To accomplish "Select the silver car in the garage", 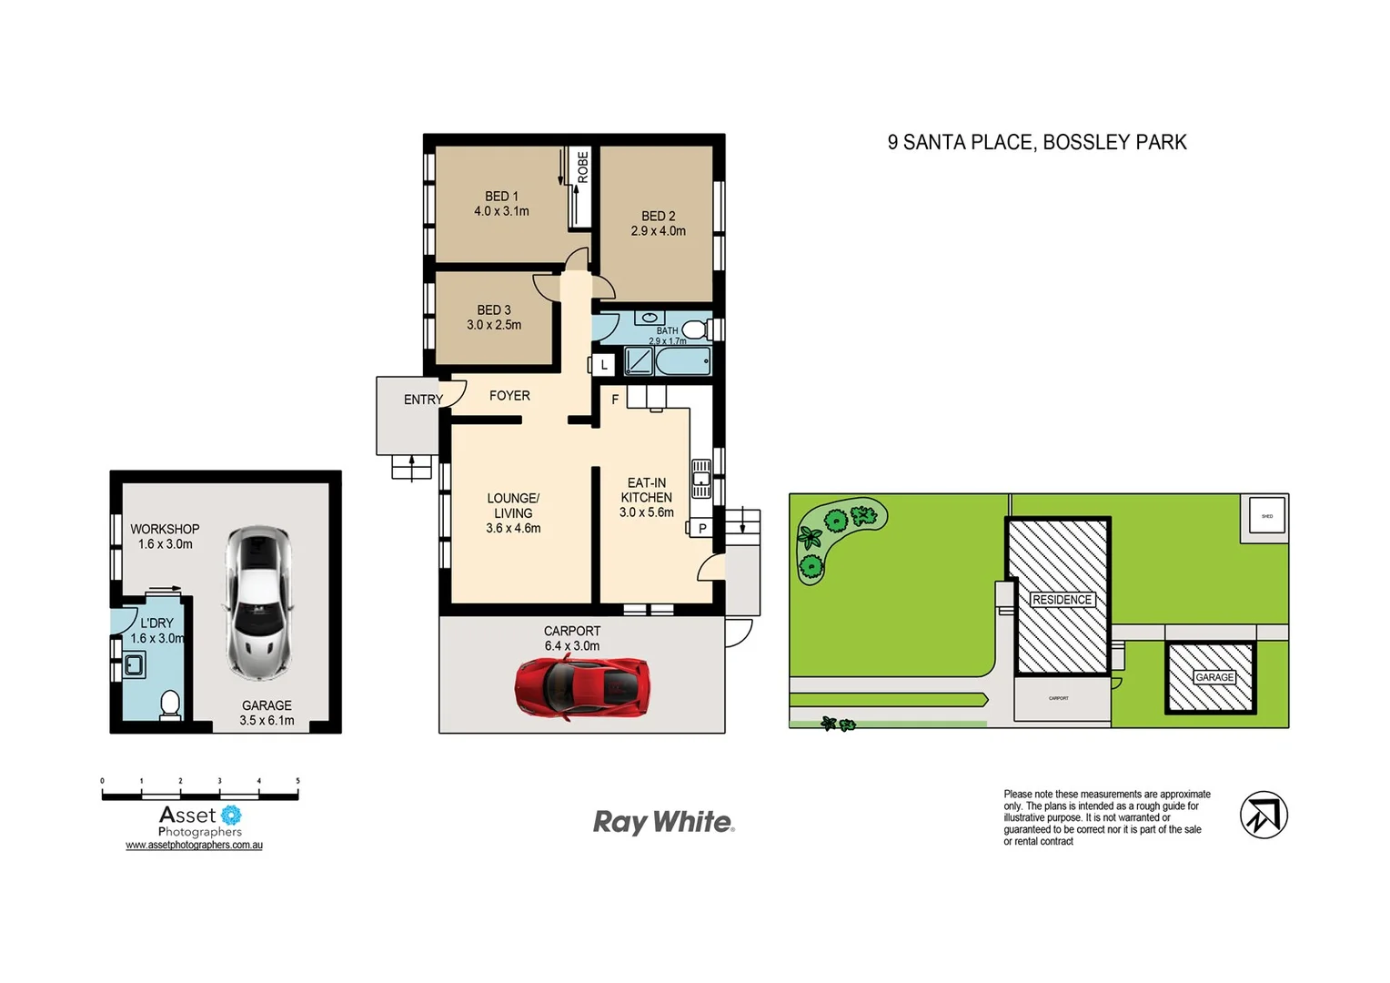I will click(259, 603).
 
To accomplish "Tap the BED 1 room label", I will click(501, 196).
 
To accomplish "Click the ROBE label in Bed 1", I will click(582, 167).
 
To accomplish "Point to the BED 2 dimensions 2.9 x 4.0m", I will click(658, 231).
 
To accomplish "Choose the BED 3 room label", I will click(494, 309).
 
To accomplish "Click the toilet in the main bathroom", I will click(695, 329).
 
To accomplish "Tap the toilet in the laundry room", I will click(170, 704).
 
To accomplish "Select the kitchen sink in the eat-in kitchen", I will click(701, 478).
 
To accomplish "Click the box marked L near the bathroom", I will click(603, 365).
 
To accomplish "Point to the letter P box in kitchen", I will click(701, 528).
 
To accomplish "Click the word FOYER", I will click(509, 396).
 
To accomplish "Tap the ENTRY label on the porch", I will click(423, 400).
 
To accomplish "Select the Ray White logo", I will click(663, 822).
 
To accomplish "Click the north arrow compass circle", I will click(1264, 815).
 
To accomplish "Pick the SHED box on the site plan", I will click(1266, 516).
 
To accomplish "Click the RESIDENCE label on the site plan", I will click(1062, 600).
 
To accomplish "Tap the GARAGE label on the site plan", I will click(1214, 677).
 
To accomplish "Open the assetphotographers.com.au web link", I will click(194, 846).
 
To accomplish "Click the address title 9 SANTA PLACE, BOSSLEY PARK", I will click(1037, 143).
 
